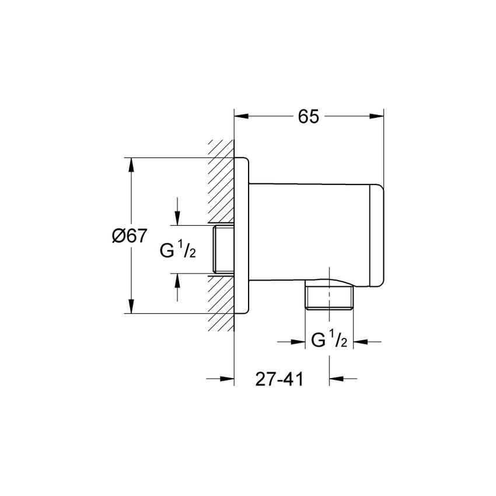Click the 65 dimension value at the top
(x=309, y=117)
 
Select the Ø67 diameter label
(x=128, y=236)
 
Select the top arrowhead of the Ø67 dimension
(x=131, y=165)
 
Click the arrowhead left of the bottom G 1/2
(x=298, y=342)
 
